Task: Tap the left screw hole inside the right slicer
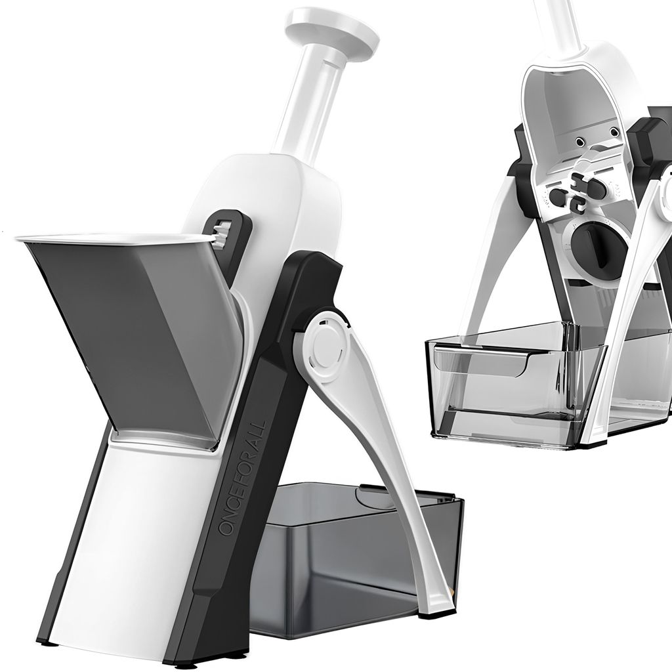pos(580,140)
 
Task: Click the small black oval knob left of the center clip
pos(556,195)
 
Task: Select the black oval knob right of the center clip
pos(597,190)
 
